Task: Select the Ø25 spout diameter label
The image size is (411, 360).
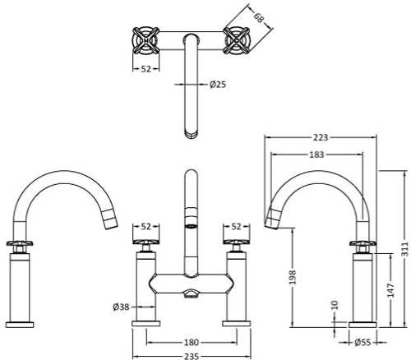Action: pyautogui.click(x=219, y=84)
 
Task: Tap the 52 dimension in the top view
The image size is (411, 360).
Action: pyautogui.click(x=145, y=69)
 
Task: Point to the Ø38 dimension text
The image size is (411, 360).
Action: pyautogui.click(x=121, y=307)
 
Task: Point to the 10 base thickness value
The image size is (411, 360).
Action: pyautogui.click(x=334, y=306)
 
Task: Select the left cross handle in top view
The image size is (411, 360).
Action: pyautogui.click(x=145, y=39)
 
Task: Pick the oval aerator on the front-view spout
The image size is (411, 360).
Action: pyautogui.click(x=191, y=222)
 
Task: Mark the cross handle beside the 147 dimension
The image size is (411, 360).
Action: pyautogui.click(x=363, y=244)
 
